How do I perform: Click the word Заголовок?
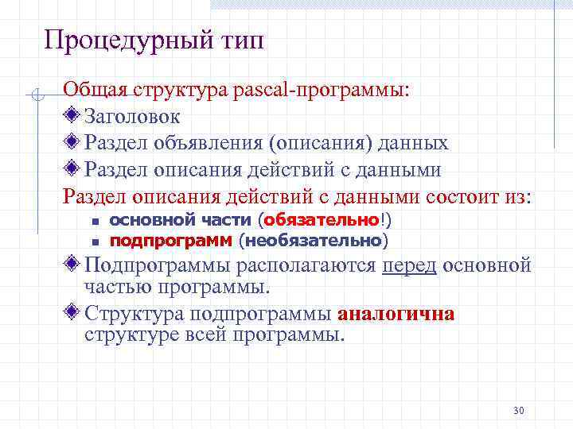133,117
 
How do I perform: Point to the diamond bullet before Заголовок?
72,116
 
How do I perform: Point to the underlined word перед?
409,265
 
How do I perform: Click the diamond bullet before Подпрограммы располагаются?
72,264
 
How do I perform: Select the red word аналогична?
396,314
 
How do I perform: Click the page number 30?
519,411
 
